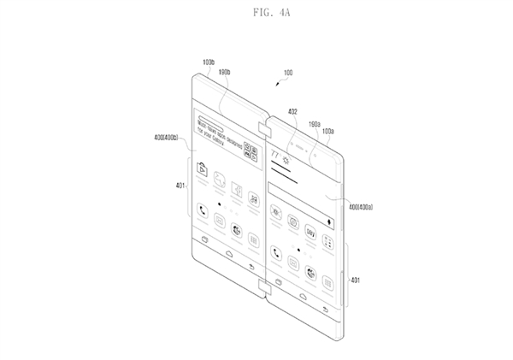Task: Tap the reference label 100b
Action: pyautogui.click(x=208, y=62)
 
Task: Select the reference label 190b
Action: pyautogui.click(x=227, y=74)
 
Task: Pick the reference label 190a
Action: pyautogui.click(x=314, y=124)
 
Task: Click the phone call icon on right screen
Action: pyautogui.click(x=276, y=251)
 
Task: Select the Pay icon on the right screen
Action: pyautogui.click(x=310, y=232)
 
